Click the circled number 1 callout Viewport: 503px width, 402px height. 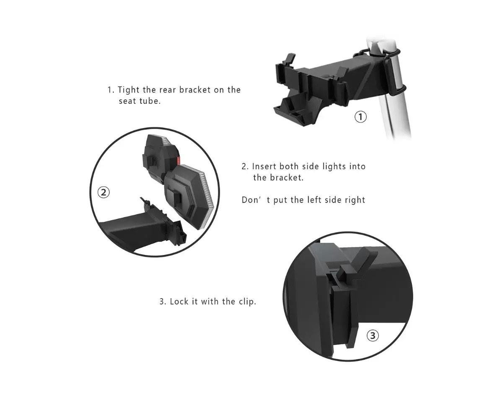(360, 117)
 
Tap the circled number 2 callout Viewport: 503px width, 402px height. (103, 193)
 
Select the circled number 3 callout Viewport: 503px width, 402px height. (373, 336)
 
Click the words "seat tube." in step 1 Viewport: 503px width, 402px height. (140, 101)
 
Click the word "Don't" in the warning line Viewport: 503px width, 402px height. (256, 200)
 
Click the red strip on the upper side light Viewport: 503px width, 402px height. (178, 160)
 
